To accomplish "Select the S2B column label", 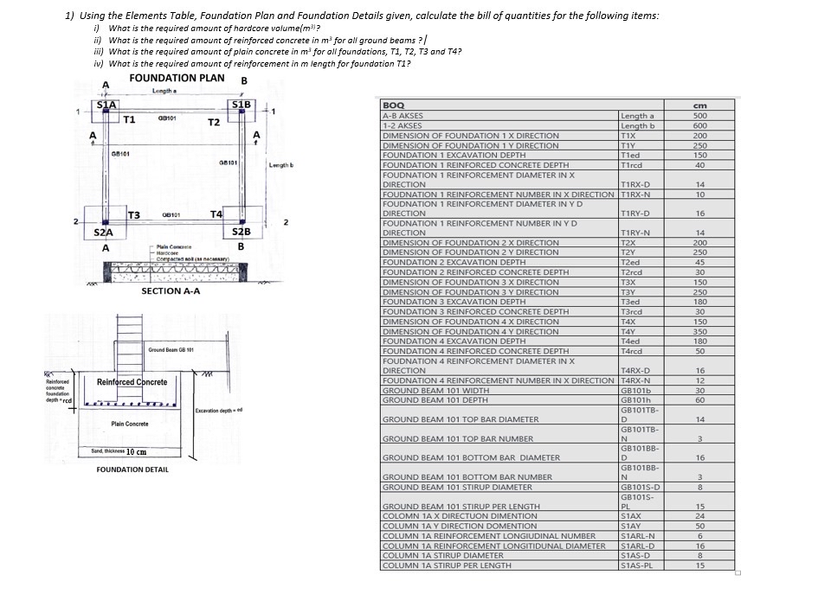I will point(242,232).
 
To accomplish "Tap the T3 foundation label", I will point(134,215).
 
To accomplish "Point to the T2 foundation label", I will point(213,122).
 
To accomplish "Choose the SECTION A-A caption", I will point(171,291).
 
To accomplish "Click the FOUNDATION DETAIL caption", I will point(132,469).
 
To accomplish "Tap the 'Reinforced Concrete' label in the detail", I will point(132,382).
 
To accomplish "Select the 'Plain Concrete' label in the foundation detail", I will point(130,424).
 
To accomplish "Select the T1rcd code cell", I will point(630,164).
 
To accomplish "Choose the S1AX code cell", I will point(630,516).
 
